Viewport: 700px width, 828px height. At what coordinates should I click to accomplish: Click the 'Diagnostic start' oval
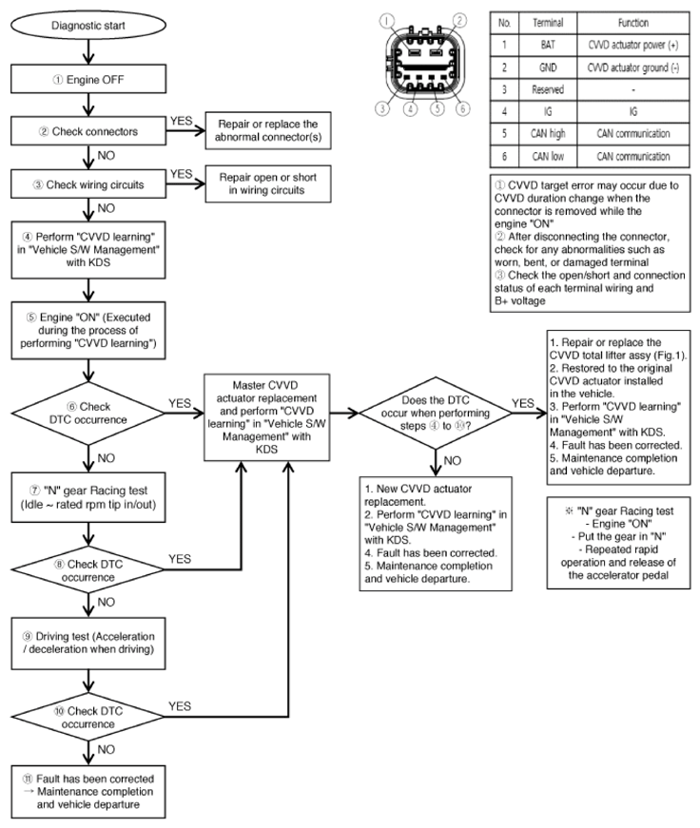click(x=88, y=26)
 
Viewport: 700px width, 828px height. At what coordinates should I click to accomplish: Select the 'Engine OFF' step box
click(x=88, y=79)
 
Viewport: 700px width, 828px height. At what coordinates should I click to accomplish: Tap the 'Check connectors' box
click(x=88, y=131)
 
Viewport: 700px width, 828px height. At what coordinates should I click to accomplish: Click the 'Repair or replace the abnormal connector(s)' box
click(x=268, y=130)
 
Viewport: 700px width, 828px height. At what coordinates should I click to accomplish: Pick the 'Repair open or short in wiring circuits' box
click(x=268, y=183)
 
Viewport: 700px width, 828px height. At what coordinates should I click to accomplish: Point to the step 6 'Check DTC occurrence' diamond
click(x=88, y=413)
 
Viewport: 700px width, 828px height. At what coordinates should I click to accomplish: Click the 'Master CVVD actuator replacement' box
click(x=267, y=417)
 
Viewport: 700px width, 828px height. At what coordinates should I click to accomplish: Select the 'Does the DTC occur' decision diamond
click(x=436, y=413)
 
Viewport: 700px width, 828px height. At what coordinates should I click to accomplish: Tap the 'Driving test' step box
click(x=88, y=644)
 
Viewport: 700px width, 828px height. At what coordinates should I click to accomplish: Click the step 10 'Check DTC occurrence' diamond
click(x=88, y=717)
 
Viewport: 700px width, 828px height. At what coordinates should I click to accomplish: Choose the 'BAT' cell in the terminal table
click(x=548, y=46)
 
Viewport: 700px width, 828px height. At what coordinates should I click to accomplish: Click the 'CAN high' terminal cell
click(x=548, y=134)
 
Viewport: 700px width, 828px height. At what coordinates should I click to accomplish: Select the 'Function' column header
click(x=632, y=23)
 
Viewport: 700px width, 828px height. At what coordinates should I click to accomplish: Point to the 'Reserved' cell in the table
click(x=548, y=89)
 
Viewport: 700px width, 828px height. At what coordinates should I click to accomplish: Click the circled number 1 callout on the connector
click(x=387, y=21)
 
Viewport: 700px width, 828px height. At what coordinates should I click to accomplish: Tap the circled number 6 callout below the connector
click(x=463, y=108)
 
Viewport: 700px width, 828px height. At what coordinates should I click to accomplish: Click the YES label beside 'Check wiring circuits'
click(x=182, y=174)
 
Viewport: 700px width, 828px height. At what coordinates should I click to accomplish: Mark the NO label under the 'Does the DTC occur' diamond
click(x=452, y=461)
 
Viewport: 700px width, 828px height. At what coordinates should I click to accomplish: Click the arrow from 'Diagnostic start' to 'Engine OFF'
click(x=88, y=52)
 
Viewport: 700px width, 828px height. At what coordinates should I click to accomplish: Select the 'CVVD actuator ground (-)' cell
click(x=632, y=67)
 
